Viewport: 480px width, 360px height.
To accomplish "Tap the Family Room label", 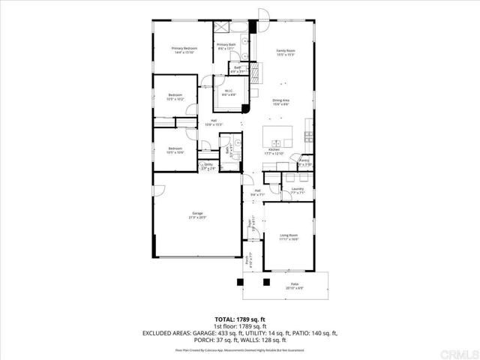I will [x=286, y=50].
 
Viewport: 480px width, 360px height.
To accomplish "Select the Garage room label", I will [x=198, y=215].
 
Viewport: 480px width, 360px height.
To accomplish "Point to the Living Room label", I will [x=289, y=236].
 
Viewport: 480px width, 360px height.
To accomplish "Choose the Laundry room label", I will [x=297, y=190].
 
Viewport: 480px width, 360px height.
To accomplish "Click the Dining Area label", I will [x=281, y=101].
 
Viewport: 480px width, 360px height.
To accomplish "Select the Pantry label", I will [x=304, y=161].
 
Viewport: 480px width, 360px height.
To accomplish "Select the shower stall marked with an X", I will [x=223, y=28].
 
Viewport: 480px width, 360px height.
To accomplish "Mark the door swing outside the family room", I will [x=262, y=15].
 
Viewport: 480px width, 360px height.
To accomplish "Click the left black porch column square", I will [x=240, y=283].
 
